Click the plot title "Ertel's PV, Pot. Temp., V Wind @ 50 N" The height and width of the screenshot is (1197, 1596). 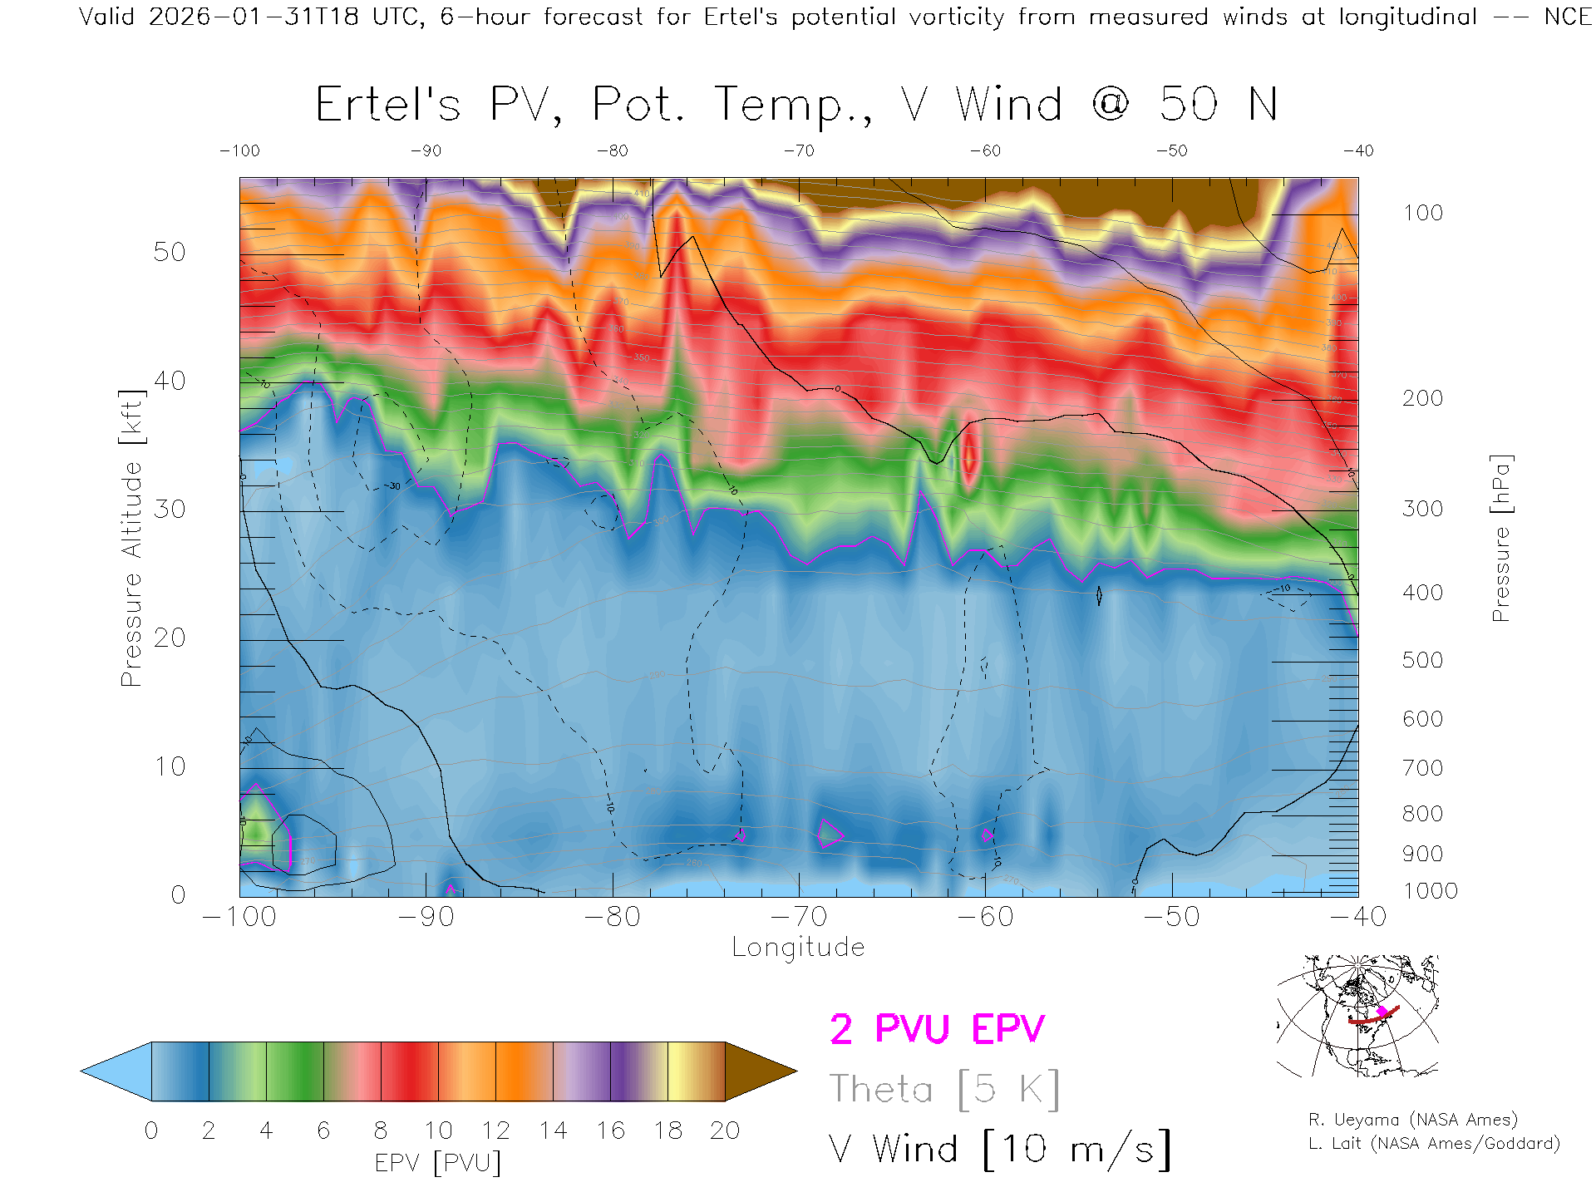796,106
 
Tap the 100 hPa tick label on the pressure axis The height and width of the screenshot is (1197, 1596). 1423,214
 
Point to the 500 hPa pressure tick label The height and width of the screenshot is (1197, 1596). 1423,661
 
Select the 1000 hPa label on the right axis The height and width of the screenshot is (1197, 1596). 1431,892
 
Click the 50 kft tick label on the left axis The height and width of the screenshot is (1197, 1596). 170,253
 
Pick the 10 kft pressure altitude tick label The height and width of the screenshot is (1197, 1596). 170,766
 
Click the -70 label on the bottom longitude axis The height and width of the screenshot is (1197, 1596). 799,917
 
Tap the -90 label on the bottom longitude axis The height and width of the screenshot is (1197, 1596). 426,917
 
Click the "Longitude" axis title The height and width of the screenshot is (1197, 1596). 798,948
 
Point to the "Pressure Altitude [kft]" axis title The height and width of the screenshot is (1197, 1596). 131,538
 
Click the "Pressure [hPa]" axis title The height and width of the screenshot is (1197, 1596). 1501,538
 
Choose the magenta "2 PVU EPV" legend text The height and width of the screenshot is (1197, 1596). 937,1030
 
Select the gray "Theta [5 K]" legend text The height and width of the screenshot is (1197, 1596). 944,1090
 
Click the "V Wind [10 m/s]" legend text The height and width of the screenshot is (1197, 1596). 999,1150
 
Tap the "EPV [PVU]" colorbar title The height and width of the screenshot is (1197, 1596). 438,1163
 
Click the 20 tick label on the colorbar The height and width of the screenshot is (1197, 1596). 725,1130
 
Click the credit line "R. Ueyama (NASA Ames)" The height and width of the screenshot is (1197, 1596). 1413,1120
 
